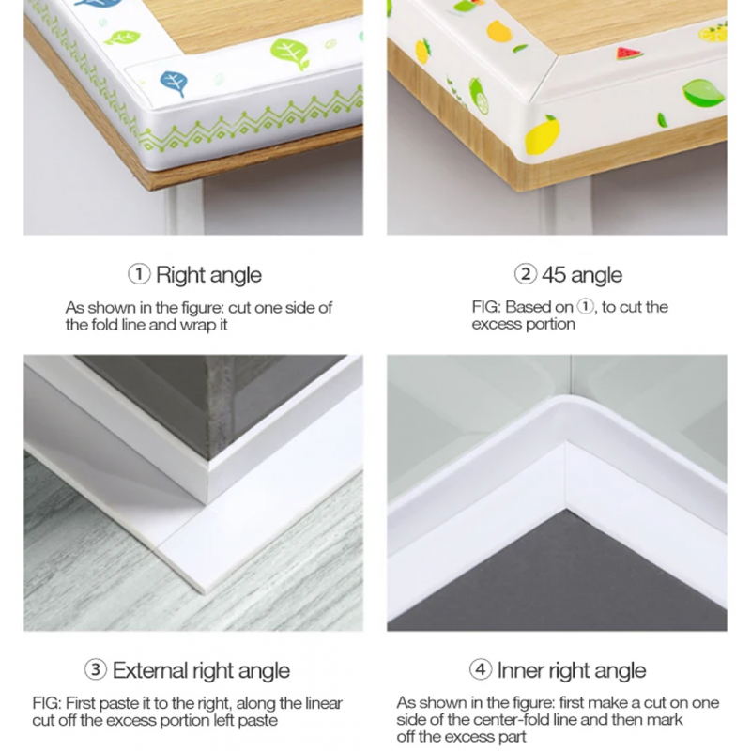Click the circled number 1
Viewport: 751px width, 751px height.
coord(139,275)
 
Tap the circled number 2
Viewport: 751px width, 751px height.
coord(525,275)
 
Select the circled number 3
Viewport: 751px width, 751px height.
coord(96,670)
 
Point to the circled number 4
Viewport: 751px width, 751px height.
coord(481,670)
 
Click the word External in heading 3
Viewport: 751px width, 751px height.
coord(150,670)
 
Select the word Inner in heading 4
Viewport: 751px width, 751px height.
coord(520,670)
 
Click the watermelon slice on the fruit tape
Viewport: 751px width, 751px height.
coord(629,54)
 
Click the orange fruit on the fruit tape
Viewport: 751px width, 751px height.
coord(499,32)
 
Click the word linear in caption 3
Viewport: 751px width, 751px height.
coord(318,703)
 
